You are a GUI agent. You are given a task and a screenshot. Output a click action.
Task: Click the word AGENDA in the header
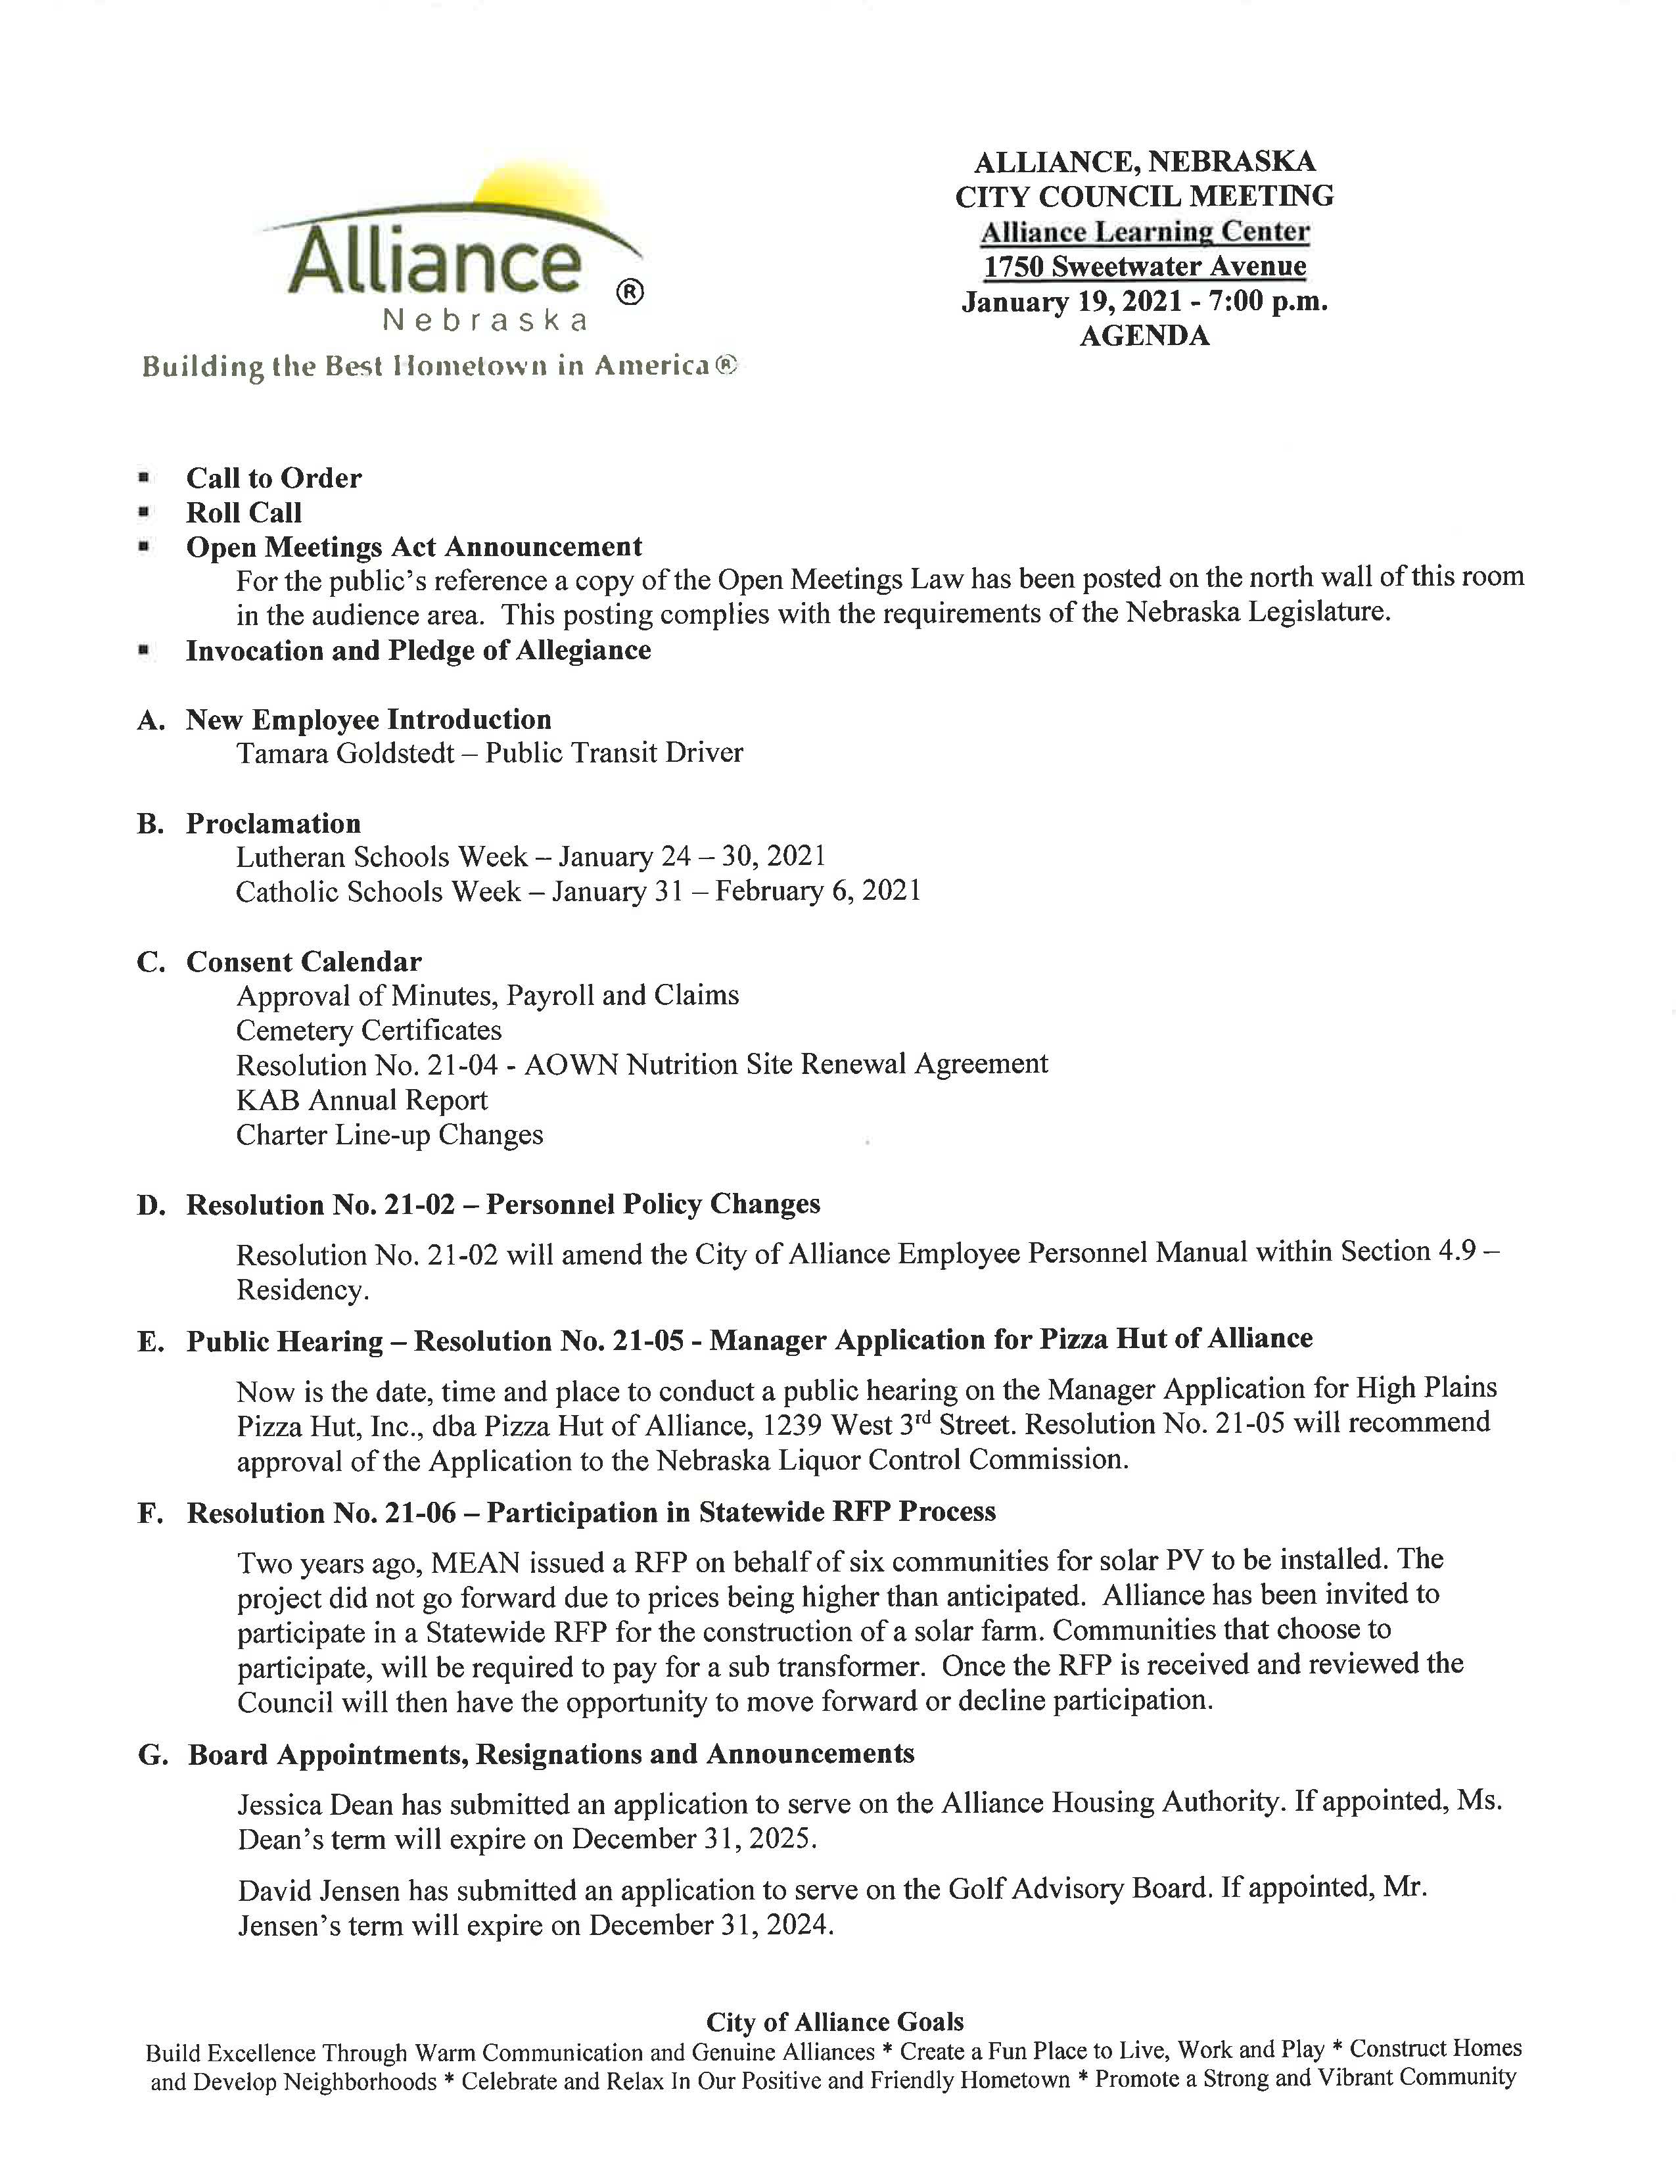click(x=1144, y=336)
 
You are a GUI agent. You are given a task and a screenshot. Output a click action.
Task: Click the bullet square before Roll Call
click(x=145, y=513)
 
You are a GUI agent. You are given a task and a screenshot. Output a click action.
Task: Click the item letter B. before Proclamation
click(x=150, y=824)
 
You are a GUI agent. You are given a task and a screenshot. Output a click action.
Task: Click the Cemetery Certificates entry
click(x=368, y=1030)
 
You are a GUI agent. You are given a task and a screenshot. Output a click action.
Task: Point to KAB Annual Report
click(x=361, y=1100)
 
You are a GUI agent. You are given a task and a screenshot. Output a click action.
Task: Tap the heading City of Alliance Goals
click(x=835, y=2022)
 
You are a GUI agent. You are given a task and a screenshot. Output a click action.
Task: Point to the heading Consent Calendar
click(x=304, y=962)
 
